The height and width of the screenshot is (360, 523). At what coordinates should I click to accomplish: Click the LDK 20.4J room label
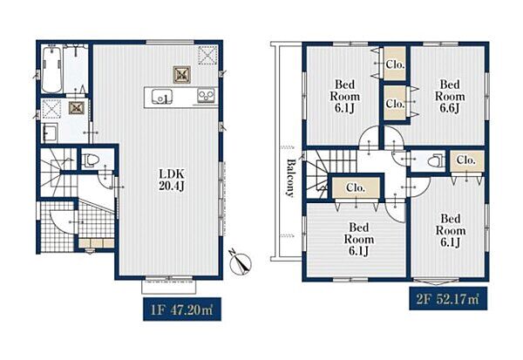coord(172,180)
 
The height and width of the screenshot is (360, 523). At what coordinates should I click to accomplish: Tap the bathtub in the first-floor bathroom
coord(51,70)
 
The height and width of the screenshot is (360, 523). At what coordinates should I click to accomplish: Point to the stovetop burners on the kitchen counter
coord(207,96)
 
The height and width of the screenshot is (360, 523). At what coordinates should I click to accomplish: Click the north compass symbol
coord(241,262)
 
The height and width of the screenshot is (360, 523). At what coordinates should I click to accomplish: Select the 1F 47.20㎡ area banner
coord(182,309)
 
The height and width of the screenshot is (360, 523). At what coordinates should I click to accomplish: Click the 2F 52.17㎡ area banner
coord(448,298)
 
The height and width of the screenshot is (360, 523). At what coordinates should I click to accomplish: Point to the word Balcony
coord(291,178)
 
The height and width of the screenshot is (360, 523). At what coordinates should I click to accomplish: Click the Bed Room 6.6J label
coord(450,96)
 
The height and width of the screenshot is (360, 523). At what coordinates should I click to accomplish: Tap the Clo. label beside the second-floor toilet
coord(466,160)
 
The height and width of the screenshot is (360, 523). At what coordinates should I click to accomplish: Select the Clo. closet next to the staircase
coord(356,187)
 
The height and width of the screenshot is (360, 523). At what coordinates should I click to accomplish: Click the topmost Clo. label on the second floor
coord(395,64)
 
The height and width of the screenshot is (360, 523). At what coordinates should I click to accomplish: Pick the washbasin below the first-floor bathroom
coord(50,132)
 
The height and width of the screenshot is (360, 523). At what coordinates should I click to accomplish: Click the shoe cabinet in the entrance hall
coord(97,243)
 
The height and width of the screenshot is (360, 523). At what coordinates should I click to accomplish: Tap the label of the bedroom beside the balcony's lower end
coord(358,239)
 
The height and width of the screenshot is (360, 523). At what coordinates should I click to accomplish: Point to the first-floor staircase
coord(58,173)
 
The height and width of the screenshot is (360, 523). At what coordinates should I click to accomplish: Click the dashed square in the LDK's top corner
coord(207,55)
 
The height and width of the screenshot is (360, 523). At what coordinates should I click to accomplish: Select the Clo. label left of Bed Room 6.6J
coord(395,104)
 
